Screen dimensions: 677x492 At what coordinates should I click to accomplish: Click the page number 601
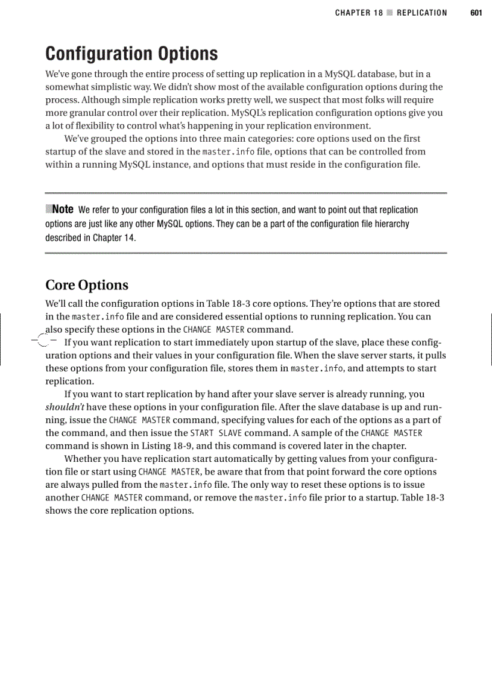point(476,13)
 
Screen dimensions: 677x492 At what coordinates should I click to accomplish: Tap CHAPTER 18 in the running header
point(359,13)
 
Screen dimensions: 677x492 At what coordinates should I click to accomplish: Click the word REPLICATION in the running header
point(422,13)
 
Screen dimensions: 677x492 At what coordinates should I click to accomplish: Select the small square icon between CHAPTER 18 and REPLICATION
point(389,13)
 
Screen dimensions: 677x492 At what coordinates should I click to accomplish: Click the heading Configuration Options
point(131,54)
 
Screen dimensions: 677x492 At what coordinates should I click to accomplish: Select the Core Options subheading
point(87,285)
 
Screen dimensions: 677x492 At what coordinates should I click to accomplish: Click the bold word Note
point(63,209)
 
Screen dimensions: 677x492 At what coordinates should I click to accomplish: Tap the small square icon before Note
point(49,209)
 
